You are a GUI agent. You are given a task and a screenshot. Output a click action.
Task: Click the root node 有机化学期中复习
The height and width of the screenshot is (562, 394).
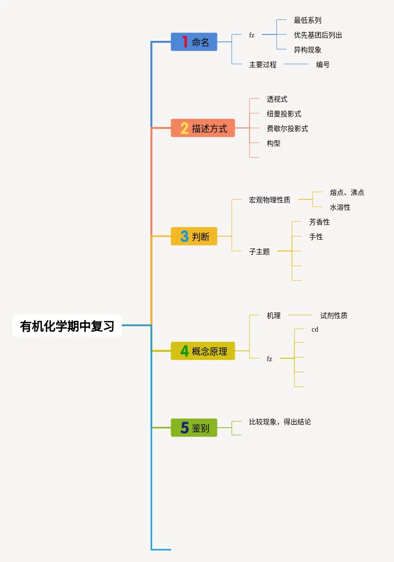pos(67,326)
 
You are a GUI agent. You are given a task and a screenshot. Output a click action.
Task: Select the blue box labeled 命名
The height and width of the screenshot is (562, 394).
pos(194,42)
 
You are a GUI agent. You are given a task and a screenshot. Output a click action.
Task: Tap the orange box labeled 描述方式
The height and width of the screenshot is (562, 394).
pos(203,128)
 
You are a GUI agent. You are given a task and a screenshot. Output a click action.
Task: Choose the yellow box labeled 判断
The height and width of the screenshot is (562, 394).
pos(194,237)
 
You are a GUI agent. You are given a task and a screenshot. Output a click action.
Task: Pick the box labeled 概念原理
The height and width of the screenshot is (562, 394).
pos(203,351)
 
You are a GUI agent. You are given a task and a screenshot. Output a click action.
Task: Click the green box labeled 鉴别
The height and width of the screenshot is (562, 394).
pos(194,428)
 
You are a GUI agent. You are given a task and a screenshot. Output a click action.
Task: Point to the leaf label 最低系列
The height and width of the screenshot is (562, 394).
pos(307,20)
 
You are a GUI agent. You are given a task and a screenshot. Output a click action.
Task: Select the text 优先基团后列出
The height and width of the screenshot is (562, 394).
pos(318,35)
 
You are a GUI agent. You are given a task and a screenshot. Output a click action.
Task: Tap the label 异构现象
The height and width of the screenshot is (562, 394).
pos(307,50)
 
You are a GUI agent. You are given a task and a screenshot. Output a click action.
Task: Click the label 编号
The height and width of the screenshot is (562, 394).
pos(322,64)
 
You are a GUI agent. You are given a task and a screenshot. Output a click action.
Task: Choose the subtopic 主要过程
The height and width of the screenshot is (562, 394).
pos(262,64)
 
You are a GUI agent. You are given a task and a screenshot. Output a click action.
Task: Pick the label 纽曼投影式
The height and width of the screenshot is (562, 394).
pos(284,114)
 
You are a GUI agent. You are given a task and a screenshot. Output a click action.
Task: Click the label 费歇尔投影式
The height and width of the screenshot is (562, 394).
pos(287,128)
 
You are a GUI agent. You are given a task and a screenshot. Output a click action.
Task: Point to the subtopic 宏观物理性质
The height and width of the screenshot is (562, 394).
pos(269,200)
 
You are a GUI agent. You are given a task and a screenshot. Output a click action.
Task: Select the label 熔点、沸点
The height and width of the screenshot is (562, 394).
pos(347,192)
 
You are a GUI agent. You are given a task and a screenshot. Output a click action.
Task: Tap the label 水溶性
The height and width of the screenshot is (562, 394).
pos(340,207)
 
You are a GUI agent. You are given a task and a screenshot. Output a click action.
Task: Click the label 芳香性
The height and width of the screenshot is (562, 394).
pos(319,222)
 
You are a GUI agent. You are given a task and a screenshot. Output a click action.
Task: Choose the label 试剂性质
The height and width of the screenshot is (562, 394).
pos(333,315)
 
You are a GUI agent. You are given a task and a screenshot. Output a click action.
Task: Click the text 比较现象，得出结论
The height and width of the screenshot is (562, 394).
pos(280,422)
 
